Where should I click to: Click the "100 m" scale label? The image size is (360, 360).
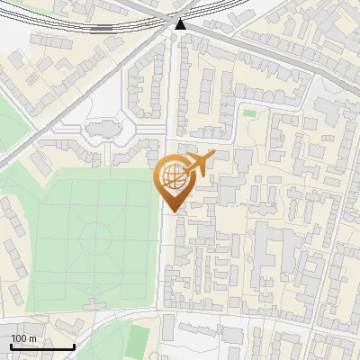tap(24, 337)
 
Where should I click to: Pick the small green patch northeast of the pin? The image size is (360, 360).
tap(248, 113)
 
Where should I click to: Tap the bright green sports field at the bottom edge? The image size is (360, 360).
tap(137, 339)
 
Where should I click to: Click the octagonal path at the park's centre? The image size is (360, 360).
tap(94, 239)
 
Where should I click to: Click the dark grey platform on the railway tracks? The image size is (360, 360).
tap(101, 28)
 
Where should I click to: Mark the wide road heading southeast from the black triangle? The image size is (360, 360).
tap(261, 54)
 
